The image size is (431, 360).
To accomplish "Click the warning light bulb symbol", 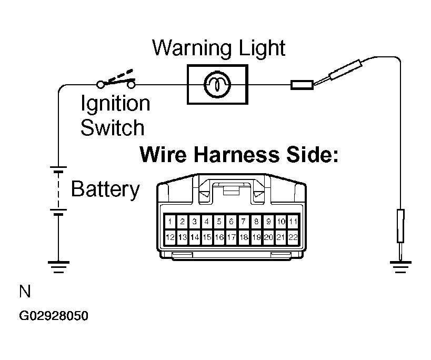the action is pyautogui.click(x=217, y=84).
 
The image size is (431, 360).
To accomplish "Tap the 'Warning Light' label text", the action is pyautogui.click(x=219, y=48).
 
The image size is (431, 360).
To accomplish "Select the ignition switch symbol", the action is pyautogui.click(x=116, y=79).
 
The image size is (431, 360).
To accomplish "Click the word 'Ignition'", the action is pyautogui.click(x=115, y=104).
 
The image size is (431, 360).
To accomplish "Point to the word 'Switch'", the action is pyautogui.click(x=113, y=127).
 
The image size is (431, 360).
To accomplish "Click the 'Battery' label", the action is pyautogui.click(x=106, y=189).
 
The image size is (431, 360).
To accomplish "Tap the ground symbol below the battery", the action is pyautogui.click(x=58, y=267).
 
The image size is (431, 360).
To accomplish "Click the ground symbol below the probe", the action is pyautogui.click(x=400, y=267).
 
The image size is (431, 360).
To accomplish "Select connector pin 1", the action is pyautogui.click(x=170, y=221).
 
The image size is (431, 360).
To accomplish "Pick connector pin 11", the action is pyautogui.click(x=293, y=221).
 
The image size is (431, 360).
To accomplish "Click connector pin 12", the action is pyautogui.click(x=170, y=237).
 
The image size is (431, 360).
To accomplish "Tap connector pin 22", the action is pyautogui.click(x=293, y=237).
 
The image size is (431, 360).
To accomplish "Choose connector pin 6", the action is pyautogui.click(x=232, y=221).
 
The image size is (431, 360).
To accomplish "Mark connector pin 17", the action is pyautogui.click(x=232, y=237).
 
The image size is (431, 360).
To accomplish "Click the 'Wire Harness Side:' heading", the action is pyautogui.click(x=239, y=154).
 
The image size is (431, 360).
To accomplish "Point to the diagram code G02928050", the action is pyautogui.click(x=54, y=316).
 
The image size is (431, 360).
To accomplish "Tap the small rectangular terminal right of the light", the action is pyautogui.click(x=302, y=85).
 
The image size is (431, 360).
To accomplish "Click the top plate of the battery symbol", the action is pyautogui.click(x=58, y=167).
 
